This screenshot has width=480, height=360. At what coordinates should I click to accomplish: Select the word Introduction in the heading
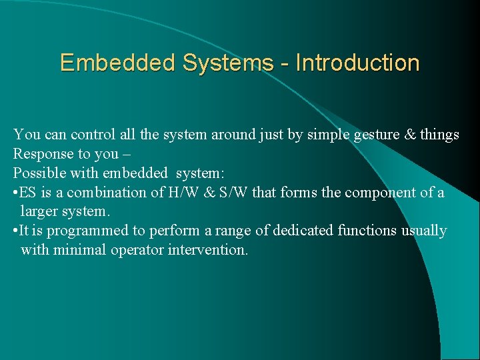(357, 63)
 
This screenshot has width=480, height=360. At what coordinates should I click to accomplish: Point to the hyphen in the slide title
(285, 64)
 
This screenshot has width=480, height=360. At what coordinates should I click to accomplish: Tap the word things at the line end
(439, 135)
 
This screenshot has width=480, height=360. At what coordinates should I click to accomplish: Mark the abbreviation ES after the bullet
(28, 193)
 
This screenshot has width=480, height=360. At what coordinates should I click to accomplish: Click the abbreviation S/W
(226, 193)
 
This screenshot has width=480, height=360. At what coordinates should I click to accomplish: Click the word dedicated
(305, 231)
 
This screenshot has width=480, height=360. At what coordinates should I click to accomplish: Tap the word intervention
(207, 250)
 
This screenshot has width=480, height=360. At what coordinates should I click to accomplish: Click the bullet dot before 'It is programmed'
(15, 231)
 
